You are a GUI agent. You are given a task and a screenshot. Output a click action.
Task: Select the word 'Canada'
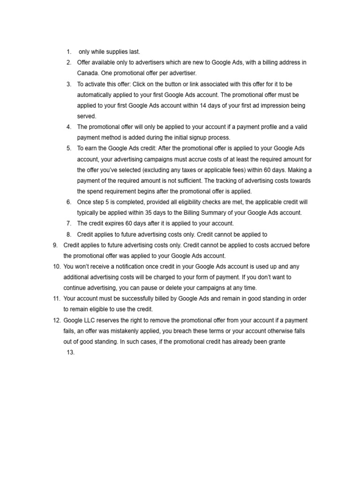coord(87,73)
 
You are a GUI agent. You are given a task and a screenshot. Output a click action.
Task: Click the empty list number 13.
coord(71,353)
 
